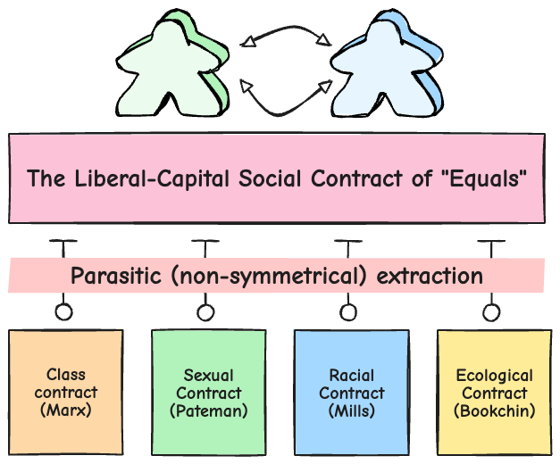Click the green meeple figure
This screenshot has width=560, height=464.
pyautogui.click(x=170, y=67)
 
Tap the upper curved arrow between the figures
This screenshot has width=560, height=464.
pyautogui.click(x=286, y=33)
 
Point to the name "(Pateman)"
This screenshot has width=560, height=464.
pyautogui.click(x=209, y=411)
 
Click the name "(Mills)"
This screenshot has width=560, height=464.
pyautogui.click(x=352, y=410)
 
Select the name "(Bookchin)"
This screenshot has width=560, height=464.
pyautogui.click(x=494, y=410)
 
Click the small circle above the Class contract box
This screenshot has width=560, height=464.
pyautogui.click(x=63, y=312)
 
